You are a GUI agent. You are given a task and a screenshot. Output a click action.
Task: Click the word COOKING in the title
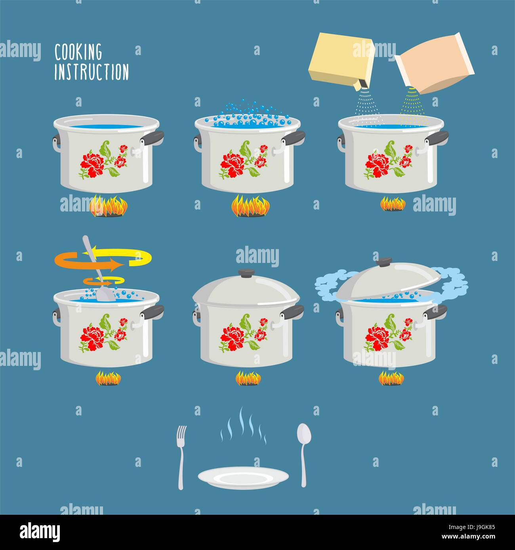point(78,52)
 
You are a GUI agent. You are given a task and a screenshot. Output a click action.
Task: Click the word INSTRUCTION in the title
point(92,72)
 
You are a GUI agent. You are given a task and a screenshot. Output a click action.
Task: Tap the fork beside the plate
point(181,456)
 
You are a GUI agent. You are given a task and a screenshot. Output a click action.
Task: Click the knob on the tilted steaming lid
point(383,262)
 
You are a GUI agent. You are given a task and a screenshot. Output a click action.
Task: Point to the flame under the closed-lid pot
point(248,378)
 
